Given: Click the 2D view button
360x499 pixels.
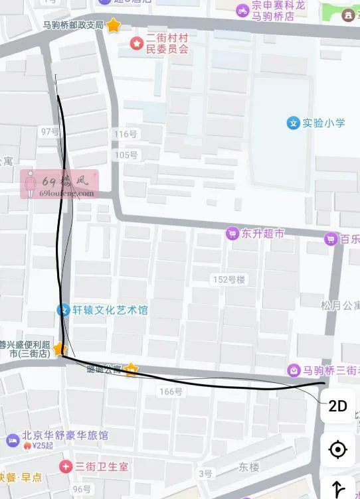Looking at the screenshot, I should point(337,406).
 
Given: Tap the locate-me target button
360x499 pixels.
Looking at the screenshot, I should point(337,450).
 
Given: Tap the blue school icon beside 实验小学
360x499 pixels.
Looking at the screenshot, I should point(293,123).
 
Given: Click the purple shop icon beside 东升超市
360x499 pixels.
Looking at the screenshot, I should point(232,234).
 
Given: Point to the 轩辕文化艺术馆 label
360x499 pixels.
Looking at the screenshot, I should point(111,310).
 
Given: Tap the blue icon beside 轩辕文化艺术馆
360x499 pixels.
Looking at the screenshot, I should point(63,310).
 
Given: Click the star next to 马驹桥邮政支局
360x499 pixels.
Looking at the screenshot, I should point(114,25).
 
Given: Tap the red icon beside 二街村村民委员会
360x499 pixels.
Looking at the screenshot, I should point(136,44).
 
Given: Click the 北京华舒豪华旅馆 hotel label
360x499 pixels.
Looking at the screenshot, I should point(66,436).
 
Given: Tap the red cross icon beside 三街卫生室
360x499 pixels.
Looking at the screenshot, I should point(65,466).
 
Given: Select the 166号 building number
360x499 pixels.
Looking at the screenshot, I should point(171,392).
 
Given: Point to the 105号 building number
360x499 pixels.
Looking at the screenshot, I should point(126,155).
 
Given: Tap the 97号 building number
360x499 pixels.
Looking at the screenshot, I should point(50,131).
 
